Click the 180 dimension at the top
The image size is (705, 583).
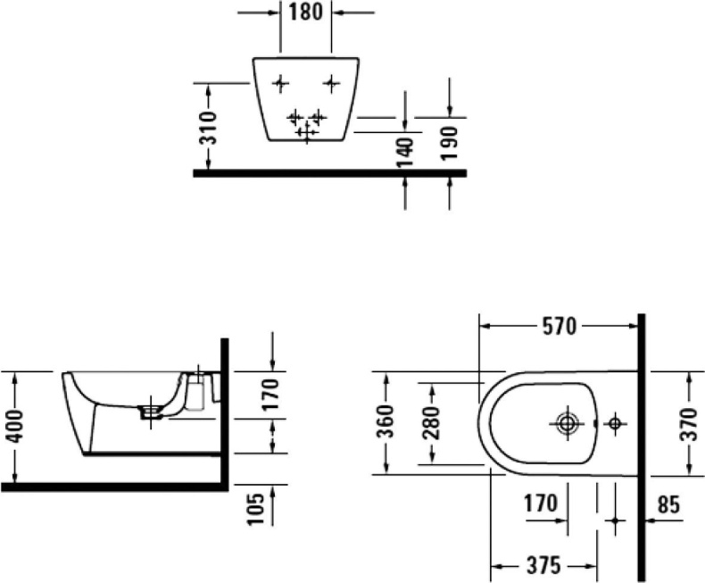tap(305, 13)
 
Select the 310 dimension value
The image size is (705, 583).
tap(208, 127)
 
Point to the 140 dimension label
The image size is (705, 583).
tap(406, 153)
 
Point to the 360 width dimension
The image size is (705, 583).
tap(386, 423)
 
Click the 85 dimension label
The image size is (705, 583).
tap(669, 505)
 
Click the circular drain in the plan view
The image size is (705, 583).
tap(566, 424)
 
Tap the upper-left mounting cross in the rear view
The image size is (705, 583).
tap(280, 83)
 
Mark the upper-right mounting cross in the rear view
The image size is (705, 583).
tap(332, 83)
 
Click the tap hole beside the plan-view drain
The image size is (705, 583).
tap(615, 424)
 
